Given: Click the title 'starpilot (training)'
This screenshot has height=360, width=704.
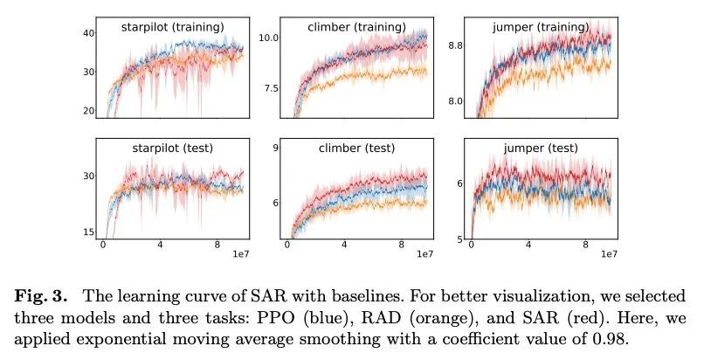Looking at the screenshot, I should pyautogui.click(x=172, y=28).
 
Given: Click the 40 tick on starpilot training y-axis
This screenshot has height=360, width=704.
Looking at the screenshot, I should pyautogui.click(x=87, y=33).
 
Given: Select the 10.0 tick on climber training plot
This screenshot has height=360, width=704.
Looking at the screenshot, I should pyautogui.click(x=267, y=38).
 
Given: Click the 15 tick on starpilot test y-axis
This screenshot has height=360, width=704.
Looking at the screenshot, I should pyautogui.click(x=87, y=232).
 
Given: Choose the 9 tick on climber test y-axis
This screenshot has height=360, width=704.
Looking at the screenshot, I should pyautogui.click(x=273, y=149).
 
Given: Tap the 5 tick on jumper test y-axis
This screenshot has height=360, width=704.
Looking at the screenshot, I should pyautogui.click(x=459, y=239).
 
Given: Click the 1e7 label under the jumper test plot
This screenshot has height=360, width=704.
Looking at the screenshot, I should pyautogui.click(x=609, y=253).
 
